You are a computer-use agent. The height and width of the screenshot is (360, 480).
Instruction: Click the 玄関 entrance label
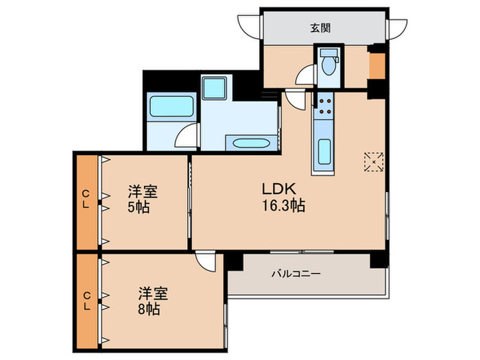click(320, 28)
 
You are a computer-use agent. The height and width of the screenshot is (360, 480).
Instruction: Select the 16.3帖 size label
click(282, 204)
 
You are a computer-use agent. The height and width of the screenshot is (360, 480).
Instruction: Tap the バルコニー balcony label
click(296, 273)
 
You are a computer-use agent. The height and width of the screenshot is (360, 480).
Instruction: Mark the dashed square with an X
click(374, 162)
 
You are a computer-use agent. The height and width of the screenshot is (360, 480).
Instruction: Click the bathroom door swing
click(186, 136)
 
